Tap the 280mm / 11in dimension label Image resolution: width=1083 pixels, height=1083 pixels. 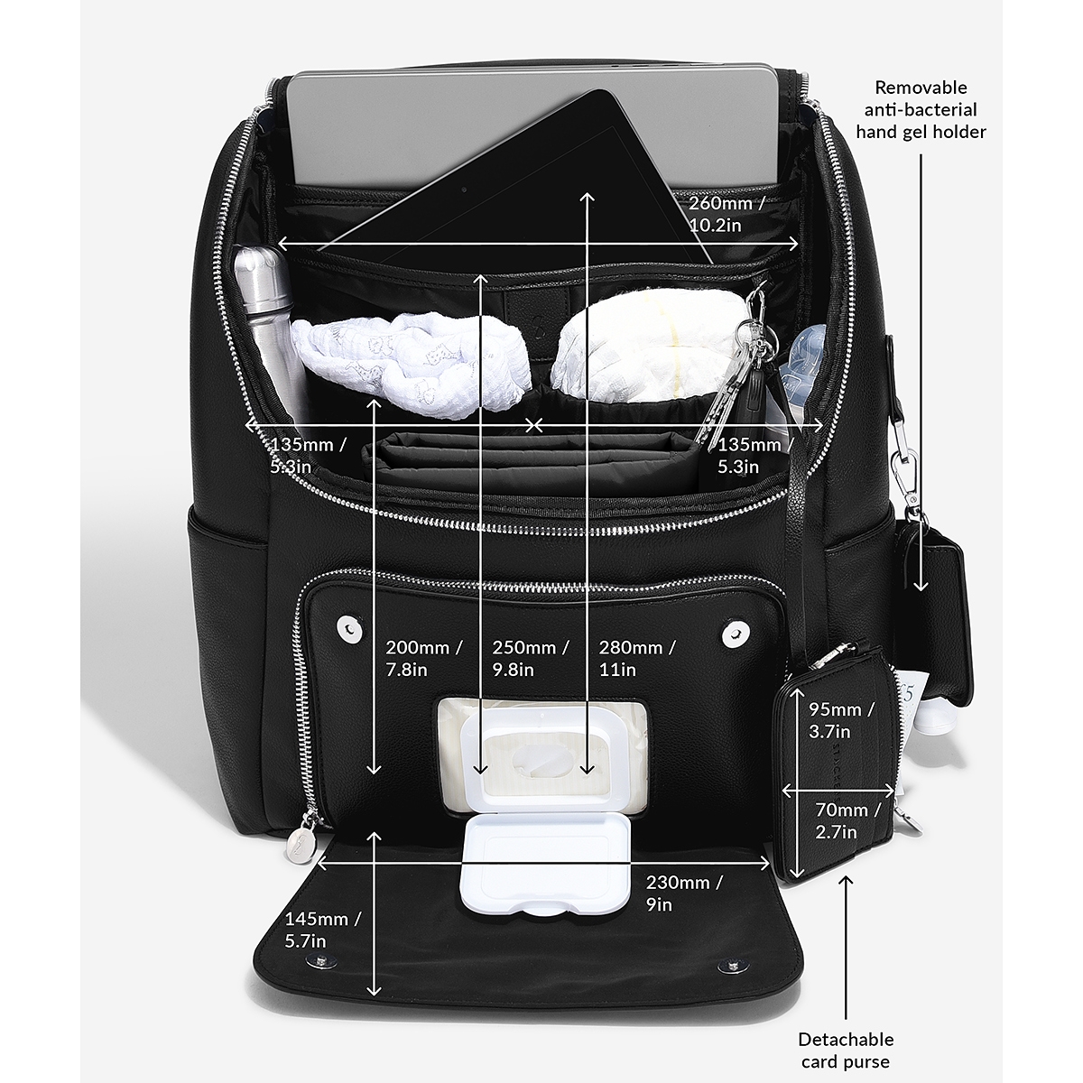coord(637,658)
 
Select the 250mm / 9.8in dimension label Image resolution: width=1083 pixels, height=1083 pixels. coord(531,658)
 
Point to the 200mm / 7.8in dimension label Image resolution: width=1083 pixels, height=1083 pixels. coord(423,658)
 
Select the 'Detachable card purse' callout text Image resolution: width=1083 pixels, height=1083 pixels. coord(846,1051)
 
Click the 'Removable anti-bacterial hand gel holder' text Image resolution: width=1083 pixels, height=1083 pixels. coord(921,109)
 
